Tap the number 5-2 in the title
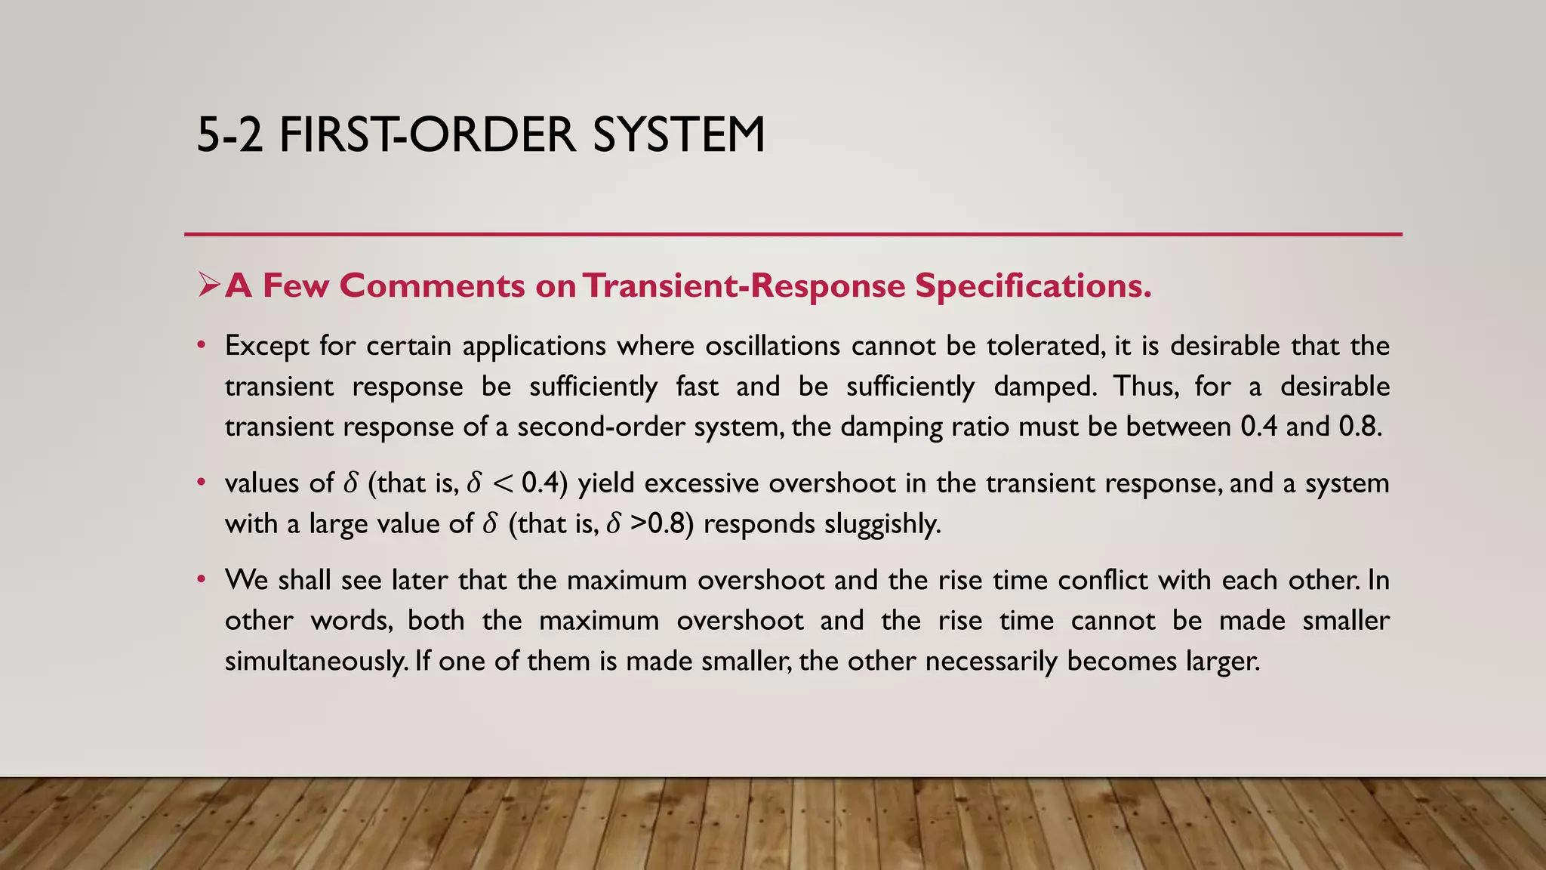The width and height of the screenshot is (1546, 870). click(229, 135)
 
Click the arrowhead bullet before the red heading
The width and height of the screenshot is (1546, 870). click(208, 285)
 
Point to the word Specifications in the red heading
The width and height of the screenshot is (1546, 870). click(1033, 285)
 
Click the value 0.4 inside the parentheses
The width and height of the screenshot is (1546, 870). click(541, 483)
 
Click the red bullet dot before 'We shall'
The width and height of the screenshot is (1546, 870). click(201, 580)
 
